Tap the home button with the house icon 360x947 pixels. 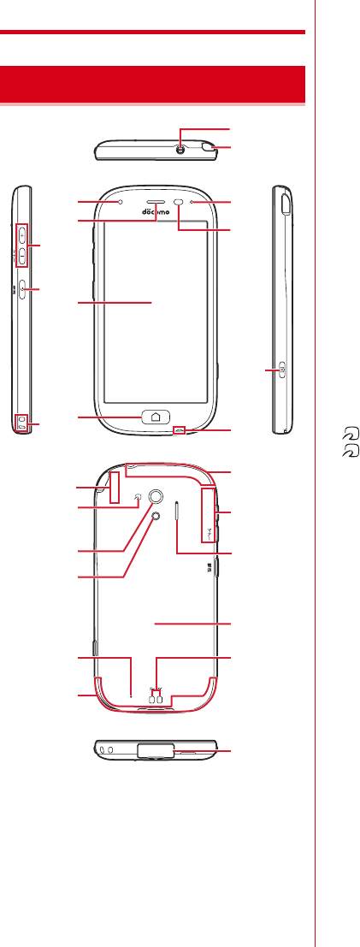[156, 416]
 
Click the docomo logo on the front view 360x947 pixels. [156, 212]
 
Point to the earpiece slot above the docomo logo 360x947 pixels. [156, 203]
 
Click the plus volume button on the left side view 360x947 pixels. [21, 233]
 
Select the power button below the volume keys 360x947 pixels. [21, 289]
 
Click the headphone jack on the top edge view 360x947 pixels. [180, 149]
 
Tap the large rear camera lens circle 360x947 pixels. [156, 496]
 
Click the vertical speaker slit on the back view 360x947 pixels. [177, 512]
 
